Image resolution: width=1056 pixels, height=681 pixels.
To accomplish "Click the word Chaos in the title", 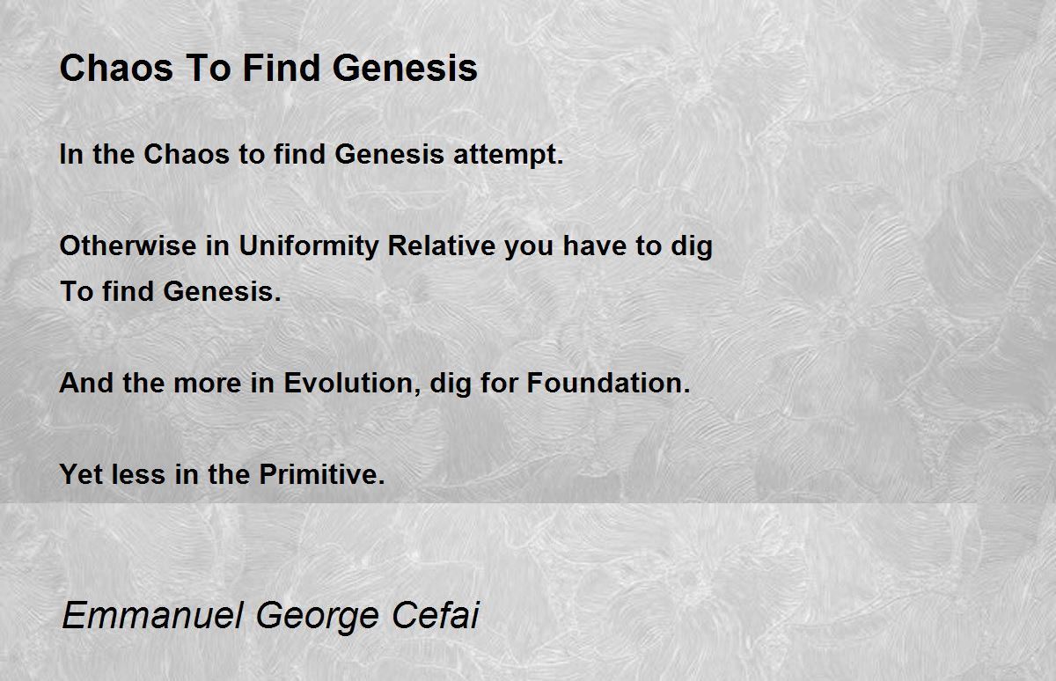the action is click(116, 68).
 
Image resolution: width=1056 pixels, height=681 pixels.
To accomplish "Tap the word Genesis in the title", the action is click(405, 68).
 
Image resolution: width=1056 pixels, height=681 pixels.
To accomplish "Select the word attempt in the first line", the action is click(509, 155).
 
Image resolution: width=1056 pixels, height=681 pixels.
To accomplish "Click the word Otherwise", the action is click(128, 245).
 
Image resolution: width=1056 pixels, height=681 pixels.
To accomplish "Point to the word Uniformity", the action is click(309, 246).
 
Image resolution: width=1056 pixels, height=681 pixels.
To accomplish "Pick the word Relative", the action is click(441, 245).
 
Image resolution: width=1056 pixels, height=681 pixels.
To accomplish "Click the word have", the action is click(595, 245).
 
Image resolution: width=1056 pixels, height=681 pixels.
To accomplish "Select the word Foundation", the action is click(608, 383).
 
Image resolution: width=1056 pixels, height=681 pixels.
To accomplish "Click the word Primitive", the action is click(322, 474).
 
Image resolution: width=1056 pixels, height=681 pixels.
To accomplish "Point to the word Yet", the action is click(81, 474).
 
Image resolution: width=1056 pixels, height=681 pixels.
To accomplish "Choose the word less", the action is click(139, 474).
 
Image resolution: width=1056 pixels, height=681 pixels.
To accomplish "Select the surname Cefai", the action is click(435, 616).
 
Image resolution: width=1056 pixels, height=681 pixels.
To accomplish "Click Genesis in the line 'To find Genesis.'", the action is click(222, 291).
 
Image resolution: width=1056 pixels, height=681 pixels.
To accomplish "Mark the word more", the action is click(208, 383).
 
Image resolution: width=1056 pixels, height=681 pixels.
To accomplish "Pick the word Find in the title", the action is click(282, 68).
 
